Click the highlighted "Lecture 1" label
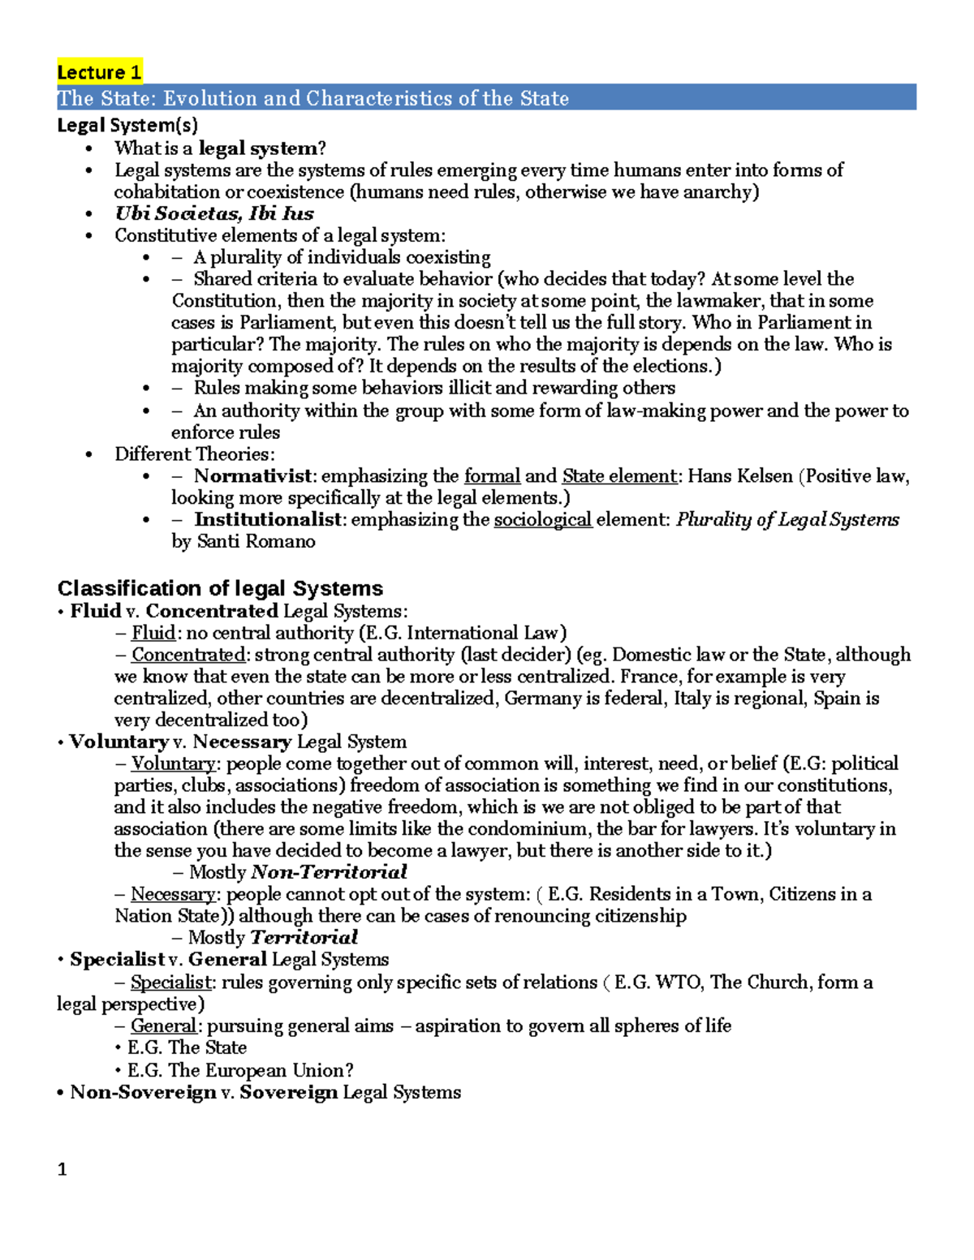[99, 72]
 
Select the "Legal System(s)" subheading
[127, 125]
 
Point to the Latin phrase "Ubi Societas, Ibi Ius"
[213, 213]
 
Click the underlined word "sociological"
[542, 519]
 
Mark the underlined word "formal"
[492, 476]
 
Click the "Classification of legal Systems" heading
[220, 588]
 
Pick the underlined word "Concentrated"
[188, 655]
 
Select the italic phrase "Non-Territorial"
[329, 872]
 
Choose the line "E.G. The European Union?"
[240, 1070]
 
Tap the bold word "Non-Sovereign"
[143, 1092]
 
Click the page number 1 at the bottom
[62, 1169]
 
